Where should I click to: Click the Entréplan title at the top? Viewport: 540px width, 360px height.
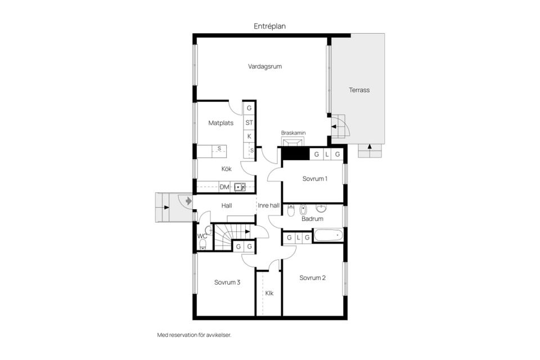click(x=269, y=26)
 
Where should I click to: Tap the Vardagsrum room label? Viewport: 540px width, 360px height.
click(x=264, y=66)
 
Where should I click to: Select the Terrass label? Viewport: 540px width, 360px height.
click(x=359, y=90)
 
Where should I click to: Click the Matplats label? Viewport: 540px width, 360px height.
click(x=220, y=123)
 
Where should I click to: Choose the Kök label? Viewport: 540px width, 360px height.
click(x=226, y=169)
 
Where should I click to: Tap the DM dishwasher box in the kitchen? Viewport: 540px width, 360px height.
click(x=224, y=187)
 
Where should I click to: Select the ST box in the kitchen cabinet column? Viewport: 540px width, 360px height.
click(x=249, y=122)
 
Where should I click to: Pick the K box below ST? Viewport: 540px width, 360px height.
click(x=249, y=136)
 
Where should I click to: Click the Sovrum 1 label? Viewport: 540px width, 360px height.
click(x=314, y=179)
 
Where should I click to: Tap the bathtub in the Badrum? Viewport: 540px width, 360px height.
click(x=328, y=235)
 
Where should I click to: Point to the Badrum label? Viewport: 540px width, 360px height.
click(x=312, y=219)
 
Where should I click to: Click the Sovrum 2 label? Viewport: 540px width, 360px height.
click(x=312, y=278)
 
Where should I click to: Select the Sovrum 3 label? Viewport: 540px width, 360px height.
click(x=227, y=282)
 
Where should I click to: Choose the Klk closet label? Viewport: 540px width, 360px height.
click(x=269, y=293)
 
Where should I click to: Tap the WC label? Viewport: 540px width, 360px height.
click(x=202, y=236)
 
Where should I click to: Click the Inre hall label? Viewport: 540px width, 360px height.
click(x=268, y=206)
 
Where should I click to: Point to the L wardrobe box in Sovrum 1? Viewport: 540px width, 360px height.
click(x=327, y=154)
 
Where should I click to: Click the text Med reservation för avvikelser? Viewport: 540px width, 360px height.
click(x=194, y=335)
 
